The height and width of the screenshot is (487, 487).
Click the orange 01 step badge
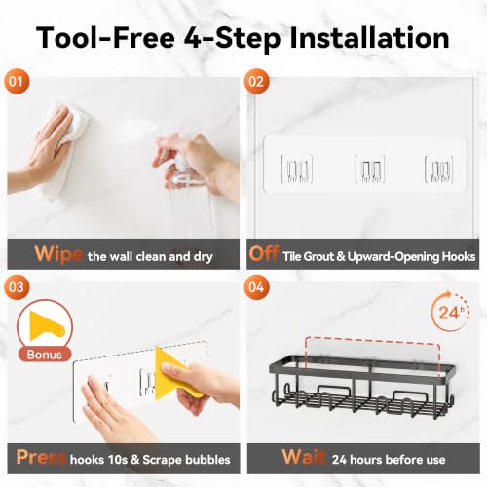click(x=17, y=81)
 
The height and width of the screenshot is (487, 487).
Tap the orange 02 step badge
click(x=256, y=81)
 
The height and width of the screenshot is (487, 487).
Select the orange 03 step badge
click(x=17, y=287)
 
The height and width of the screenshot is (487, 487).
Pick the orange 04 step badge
click(x=256, y=287)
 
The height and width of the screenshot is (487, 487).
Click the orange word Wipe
click(x=58, y=254)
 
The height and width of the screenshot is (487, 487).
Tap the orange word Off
click(x=264, y=253)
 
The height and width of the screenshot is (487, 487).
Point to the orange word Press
click(x=41, y=458)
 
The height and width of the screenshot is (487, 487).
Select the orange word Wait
click(x=304, y=457)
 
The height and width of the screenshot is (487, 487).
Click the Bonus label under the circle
click(x=45, y=355)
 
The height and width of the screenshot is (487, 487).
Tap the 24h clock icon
click(x=450, y=312)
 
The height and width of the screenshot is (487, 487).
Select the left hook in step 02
click(x=297, y=169)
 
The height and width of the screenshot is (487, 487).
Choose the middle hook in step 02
click(x=370, y=169)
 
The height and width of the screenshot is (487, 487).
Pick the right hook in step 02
click(x=439, y=169)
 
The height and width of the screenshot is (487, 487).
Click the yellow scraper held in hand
click(x=172, y=373)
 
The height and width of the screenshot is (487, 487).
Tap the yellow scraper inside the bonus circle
click(x=46, y=326)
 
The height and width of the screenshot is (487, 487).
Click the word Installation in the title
click(x=369, y=38)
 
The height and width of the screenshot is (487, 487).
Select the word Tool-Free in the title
click(x=106, y=38)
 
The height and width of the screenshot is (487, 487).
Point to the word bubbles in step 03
click(x=207, y=460)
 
